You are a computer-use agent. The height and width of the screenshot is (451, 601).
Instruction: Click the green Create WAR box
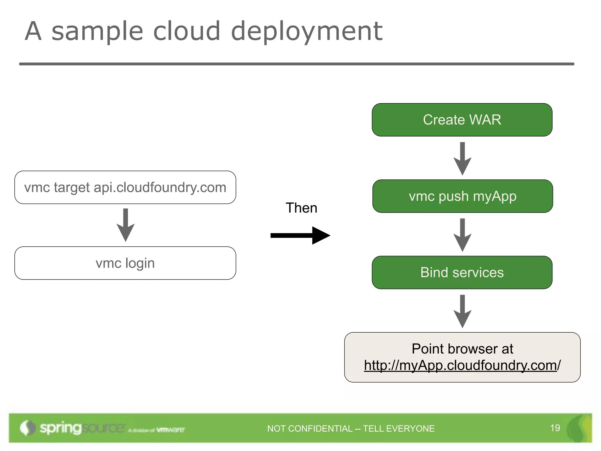coord(462,120)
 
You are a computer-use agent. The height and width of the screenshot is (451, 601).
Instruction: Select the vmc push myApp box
coord(462,196)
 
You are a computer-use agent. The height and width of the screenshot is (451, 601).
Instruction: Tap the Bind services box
coord(462,272)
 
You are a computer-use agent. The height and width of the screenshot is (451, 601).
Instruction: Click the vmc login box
coord(125,263)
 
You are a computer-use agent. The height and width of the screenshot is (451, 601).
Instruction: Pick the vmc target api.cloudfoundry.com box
coord(125,187)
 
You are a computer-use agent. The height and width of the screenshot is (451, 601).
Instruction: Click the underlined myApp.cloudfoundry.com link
coord(460,366)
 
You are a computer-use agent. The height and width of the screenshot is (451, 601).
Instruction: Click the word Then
coord(301,208)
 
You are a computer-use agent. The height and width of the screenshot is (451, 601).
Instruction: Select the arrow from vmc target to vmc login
coord(126,225)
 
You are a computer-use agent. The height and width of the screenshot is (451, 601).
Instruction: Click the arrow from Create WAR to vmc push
coord(462,159)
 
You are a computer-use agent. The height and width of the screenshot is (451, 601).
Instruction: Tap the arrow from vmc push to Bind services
coord(462,235)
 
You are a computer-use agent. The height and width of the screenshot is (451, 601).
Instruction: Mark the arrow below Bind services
coord(462,311)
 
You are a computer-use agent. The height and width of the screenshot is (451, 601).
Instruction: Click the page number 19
coord(555,428)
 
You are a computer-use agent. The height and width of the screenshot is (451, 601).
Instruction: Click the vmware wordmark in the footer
coord(170,430)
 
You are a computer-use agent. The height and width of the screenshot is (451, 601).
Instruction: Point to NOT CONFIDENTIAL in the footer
coord(310,429)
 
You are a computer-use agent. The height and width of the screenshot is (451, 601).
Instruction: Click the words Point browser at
coord(462,349)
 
